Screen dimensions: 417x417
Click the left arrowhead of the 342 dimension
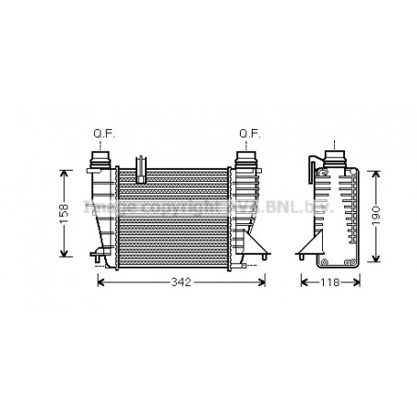101,282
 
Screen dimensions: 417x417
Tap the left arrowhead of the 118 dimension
302,282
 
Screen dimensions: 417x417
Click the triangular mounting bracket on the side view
309,246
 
